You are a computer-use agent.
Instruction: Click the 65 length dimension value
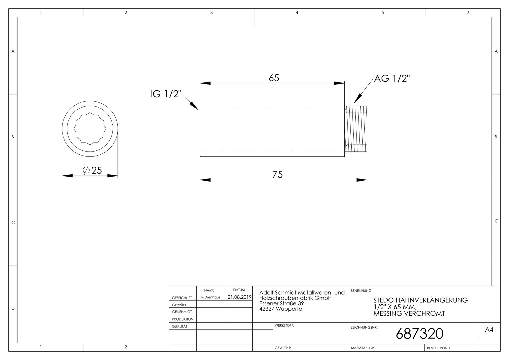pyautogui.click(x=274, y=78)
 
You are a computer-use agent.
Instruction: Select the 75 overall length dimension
pyautogui.click(x=277, y=175)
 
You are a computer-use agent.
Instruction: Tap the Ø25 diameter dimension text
pyautogui.click(x=92, y=170)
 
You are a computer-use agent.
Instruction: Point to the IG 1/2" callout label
pyautogui.click(x=166, y=94)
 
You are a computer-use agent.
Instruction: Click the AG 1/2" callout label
pyautogui.click(x=392, y=78)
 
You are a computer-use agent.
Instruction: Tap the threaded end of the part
pyautogui.click(x=356, y=129)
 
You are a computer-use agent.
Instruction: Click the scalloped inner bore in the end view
pyautogui.click(x=90, y=128)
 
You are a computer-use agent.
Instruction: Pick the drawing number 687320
pyautogui.click(x=419, y=334)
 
